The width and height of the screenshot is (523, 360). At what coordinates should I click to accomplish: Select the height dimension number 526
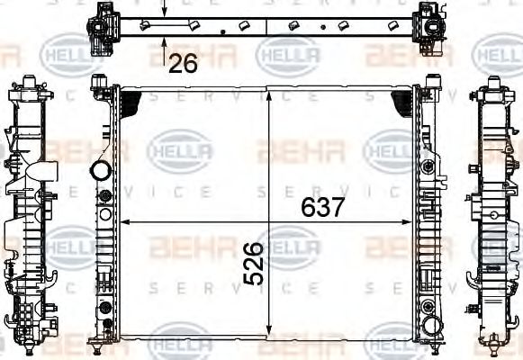click(255, 263)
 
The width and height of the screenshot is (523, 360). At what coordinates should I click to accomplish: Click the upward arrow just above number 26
click(164, 40)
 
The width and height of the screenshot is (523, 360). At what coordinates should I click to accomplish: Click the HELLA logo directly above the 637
click(394, 149)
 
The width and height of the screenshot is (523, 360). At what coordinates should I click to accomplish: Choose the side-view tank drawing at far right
click(495, 216)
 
